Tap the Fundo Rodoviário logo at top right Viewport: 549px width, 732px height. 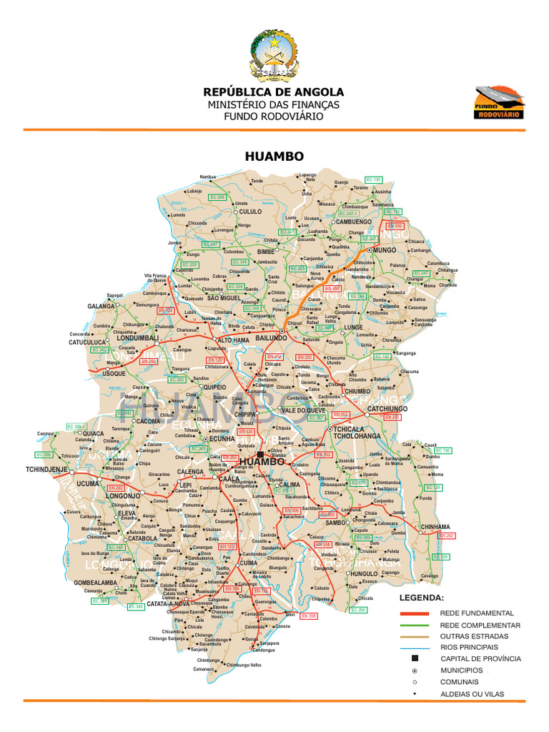click(x=500, y=102)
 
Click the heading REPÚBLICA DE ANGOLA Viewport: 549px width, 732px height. click(x=274, y=92)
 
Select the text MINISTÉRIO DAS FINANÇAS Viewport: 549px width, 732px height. click(x=274, y=104)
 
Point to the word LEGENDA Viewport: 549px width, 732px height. click(x=421, y=597)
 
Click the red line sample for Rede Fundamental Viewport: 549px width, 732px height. click(x=414, y=613)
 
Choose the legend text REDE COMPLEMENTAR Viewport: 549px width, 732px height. click(x=480, y=625)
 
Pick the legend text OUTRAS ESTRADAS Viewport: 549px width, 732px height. click(x=475, y=636)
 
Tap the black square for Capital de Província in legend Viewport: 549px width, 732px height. click(x=414, y=658)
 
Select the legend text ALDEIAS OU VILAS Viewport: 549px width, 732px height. click(x=473, y=694)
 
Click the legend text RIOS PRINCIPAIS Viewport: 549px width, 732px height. click(x=470, y=647)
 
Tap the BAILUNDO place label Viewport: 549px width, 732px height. click(x=271, y=337)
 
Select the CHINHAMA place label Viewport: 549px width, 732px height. click(x=435, y=527)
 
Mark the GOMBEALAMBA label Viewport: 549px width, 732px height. click(x=95, y=583)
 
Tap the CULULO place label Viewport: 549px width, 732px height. click(x=250, y=212)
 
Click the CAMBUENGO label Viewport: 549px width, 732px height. click(x=353, y=222)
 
